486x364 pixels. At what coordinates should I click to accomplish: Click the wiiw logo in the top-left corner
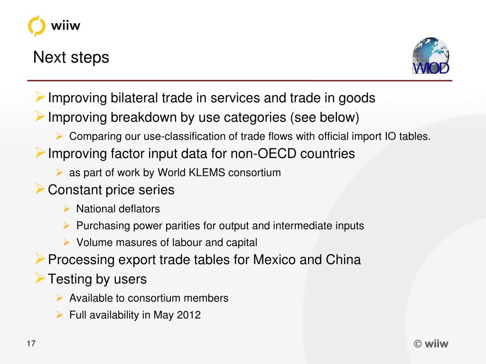click(x=54, y=25)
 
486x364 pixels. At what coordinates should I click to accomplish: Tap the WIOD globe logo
click(x=430, y=56)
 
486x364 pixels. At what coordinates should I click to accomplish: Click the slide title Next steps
click(x=71, y=58)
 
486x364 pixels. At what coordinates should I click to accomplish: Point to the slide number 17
click(x=31, y=344)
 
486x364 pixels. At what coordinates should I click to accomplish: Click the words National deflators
click(x=118, y=209)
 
